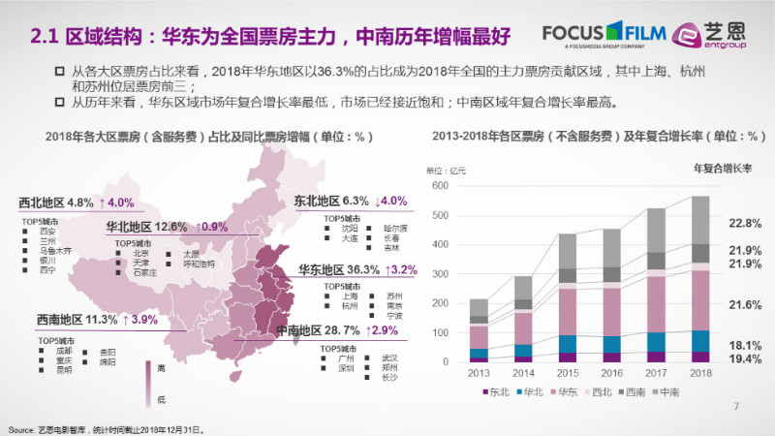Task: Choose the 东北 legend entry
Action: click(494, 392)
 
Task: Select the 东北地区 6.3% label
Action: click(332, 202)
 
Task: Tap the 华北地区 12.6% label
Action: click(146, 227)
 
